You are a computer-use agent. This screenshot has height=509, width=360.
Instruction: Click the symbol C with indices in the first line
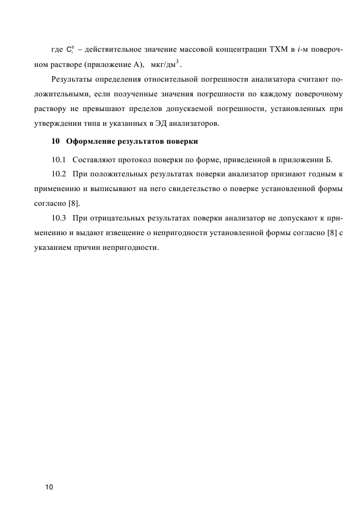pyautogui.click(x=70, y=51)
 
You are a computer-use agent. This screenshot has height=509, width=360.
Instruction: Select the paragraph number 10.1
pyautogui.click(x=58, y=160)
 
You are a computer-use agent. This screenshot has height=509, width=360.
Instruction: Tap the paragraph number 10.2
pyautogui.click(x=58, y=174)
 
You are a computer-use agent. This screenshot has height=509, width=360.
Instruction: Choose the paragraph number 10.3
pyautogui.click(x=58, y=218)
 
